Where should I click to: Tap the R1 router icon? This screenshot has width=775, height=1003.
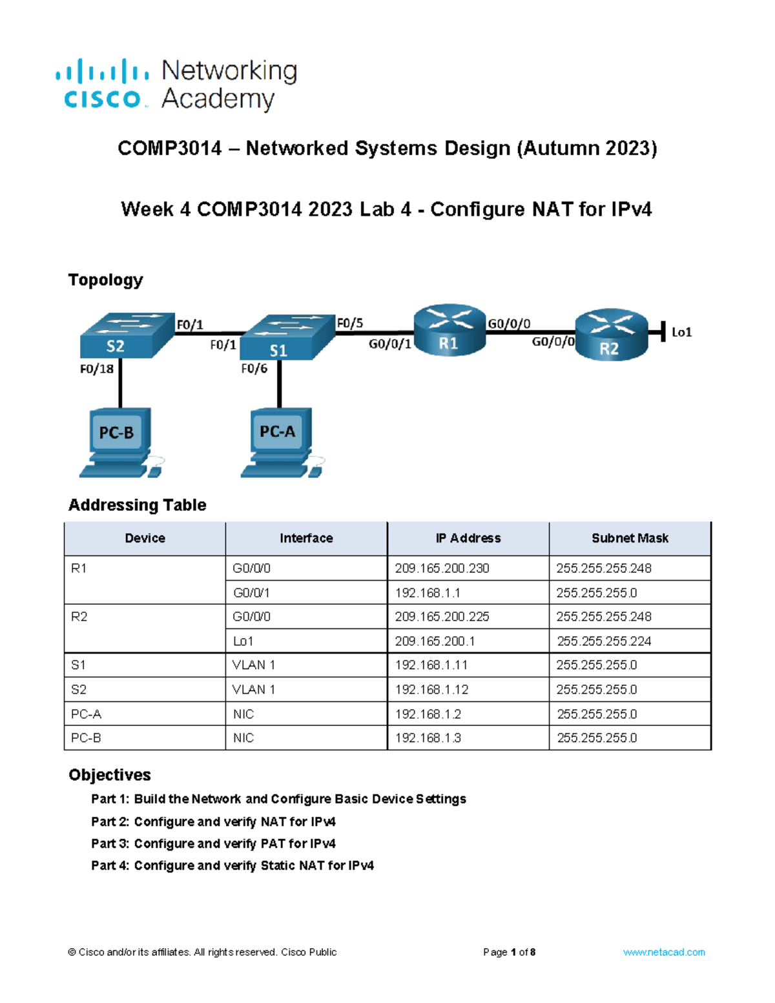tap(449, 329)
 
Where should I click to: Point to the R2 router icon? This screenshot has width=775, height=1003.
tap(611, 335)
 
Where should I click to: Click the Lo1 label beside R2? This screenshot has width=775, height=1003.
tap(681, 333)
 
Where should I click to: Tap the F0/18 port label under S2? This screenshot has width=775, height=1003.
tap(97, 369)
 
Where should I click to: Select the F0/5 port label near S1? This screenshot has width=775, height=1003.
tap(350, 323)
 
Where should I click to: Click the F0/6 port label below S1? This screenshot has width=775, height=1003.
tap(254, 369)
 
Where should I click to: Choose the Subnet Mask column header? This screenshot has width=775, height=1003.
tap(630, 538)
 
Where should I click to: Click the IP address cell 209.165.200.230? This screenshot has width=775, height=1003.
tap(442, 568)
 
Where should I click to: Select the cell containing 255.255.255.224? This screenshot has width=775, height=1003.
tap(604, 641)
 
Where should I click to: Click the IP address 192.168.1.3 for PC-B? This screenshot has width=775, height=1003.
tap(428, 738)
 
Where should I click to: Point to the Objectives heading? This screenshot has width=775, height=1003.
tap(110, 775)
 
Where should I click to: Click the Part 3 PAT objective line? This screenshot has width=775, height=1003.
tap(213, 843)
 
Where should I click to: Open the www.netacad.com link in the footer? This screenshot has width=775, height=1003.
tap(664, 952)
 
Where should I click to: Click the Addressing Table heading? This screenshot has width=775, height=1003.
tap(138, 505)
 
